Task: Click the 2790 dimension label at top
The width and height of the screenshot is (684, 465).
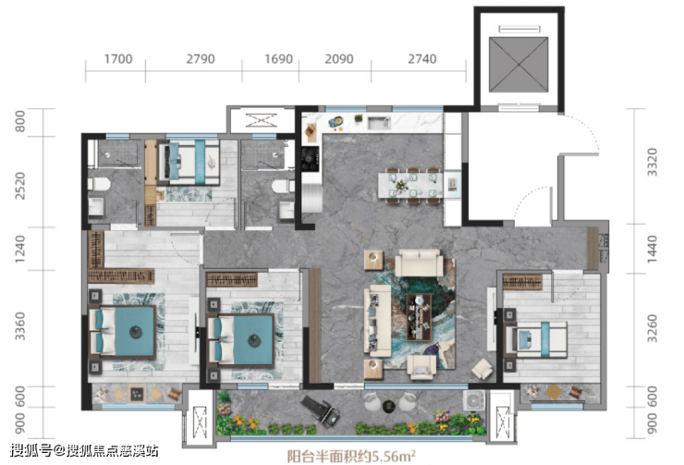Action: pyautogui.click(x=201, y=59)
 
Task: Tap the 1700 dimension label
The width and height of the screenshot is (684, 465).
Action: pyautogui.click(x=118, y=59)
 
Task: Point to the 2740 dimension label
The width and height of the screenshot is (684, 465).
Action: pyautogui.click(x=421, y=59)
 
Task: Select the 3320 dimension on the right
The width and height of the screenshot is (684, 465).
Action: pyautogui.click(x=652, y=163)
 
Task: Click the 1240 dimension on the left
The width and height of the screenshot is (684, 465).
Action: pyautogui.click(x=20, y=249)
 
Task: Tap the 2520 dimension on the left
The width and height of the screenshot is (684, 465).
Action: pyautogui.click(x=20, y=186)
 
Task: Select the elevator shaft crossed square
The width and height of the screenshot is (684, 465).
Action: pyautogui.click(x=519, y=65)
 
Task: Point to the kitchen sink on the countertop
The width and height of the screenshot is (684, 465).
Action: pyautogui.click(x=379, y=123)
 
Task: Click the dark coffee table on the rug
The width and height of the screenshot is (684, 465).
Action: pyautogui.click(x=419, y=317)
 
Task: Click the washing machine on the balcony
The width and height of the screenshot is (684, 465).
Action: pyautogui.click(x=474, y=400)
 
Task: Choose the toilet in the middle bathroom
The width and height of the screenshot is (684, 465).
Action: pyautogui.click(x=283, y=187)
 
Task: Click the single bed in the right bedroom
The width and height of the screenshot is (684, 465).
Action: pyautogui.click(x=536, y=339)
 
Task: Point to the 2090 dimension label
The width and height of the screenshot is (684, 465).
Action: pyautogui.click(x=339, y=59)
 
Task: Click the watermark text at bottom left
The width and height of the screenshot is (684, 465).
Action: pyautogui.click(x=84, y=450)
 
